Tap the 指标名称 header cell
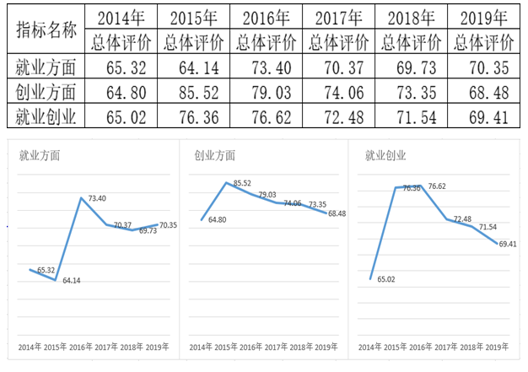coord(46,30)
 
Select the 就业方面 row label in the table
coord(46,67)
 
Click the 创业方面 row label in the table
coord(46,91)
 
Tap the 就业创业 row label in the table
coord(46,116)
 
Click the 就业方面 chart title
coord(40,154)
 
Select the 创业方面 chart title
coord(214,154)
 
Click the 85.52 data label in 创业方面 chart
coord(243,183)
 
